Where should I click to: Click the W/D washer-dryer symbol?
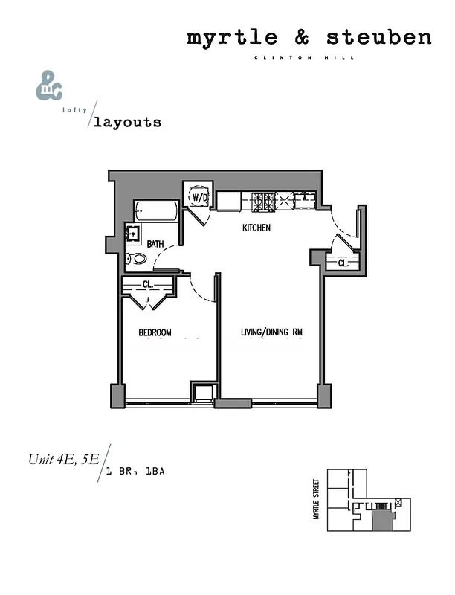coord(199,198)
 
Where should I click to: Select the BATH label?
coord(155,244)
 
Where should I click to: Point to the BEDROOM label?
coord(155,332)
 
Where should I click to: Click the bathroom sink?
coord(133,234)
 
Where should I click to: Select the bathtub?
coord(155,210)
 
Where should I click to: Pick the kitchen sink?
coord(304,199)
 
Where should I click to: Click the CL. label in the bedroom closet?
coord(148,284)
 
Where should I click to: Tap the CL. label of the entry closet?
coord(343,263)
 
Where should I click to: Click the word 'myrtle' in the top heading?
coord(222,38)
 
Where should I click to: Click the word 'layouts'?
coord(126,122)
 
